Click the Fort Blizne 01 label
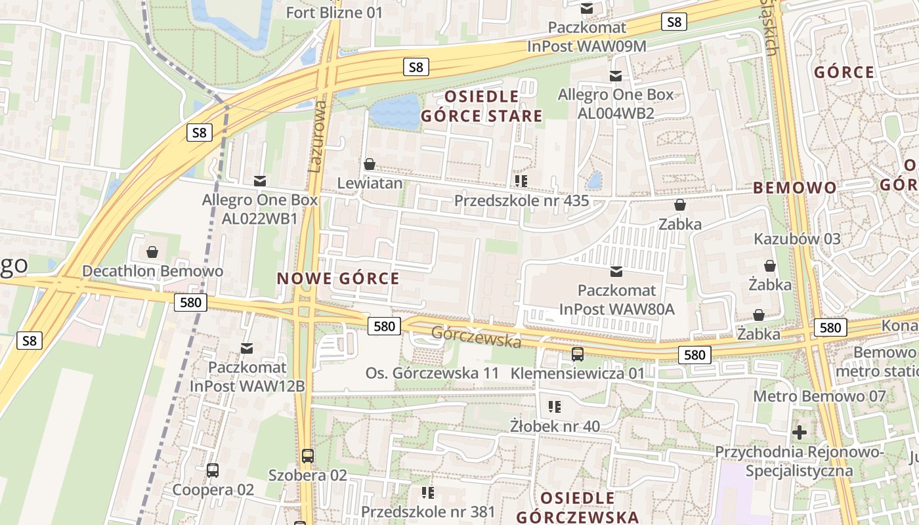click(x=335, y=12)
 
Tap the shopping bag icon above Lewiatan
click(x=370, y=163)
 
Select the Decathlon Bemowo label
click(x=152, y=271)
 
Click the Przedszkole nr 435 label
click(x=521, y=201)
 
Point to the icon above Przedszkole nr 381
click(x=428, y=492)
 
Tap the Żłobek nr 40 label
click(x=555, y=427)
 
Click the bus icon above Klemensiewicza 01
click(x=578, y=354)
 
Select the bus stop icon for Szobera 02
click(x=307, y=455)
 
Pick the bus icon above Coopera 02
click(x=213, y=471)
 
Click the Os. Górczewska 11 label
click(x=433, y=373)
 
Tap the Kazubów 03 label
click(x=797, y=239)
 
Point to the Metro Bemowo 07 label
click(x=819, y=396)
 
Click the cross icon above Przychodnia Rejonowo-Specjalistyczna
click(x=799, y=432)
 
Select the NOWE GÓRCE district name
click(x=338, y=278)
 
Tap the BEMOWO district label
click(x=795, y=188)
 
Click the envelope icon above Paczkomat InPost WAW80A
click(x=616, y=271)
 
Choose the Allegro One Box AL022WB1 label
click(x=260, y=209)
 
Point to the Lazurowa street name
click(x=318, y=136)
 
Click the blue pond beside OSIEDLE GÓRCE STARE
click(x=395, y=112)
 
